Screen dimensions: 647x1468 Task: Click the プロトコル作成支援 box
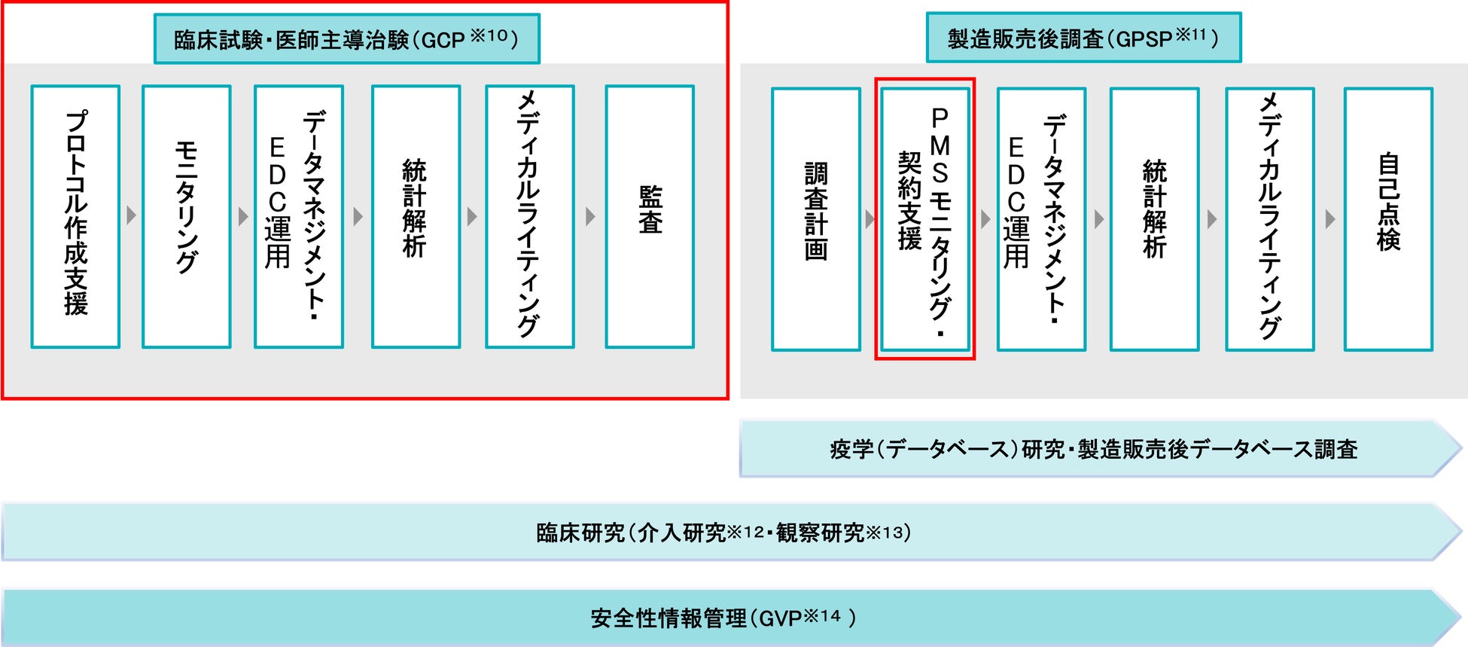click(75, 216)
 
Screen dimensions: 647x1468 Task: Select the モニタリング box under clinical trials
click(186, 216)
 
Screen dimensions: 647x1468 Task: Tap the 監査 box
click(650, 216)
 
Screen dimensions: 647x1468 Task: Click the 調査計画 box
click(816, 219)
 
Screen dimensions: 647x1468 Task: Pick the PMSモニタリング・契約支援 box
click(925, 219)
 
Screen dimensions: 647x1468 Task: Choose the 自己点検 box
click(1388, 219)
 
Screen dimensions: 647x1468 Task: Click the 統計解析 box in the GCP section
click(416, 216)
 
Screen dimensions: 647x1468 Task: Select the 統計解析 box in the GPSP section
click(1154, 219)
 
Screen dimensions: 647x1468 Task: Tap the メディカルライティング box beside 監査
click(530, 216)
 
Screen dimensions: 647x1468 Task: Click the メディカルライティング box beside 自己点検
click(1270, 219)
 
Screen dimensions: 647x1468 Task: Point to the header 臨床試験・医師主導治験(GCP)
click(346, 39)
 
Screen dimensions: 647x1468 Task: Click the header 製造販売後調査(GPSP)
click(1083, 38)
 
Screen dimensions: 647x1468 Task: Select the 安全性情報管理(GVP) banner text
click(723, 618)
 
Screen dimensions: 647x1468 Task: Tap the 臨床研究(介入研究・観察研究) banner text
click(723, 533)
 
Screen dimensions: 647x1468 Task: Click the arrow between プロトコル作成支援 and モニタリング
click(132, 216)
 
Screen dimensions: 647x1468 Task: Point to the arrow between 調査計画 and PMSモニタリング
click(870, 219)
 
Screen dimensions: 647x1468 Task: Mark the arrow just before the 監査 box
click(590, 216)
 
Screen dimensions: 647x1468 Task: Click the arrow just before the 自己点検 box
click(1330, 219)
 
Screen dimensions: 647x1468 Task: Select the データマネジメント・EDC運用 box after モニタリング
click(299, 216)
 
